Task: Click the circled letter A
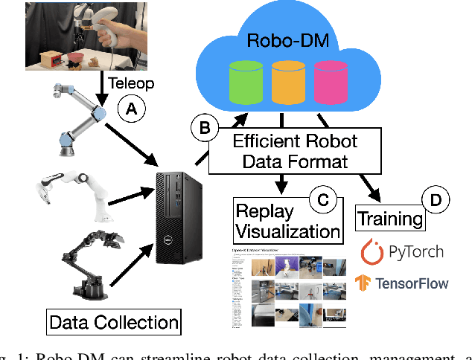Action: [x=132, y=110]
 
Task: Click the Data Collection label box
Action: [x=114, y=322]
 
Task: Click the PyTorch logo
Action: [x=402, y=251]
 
